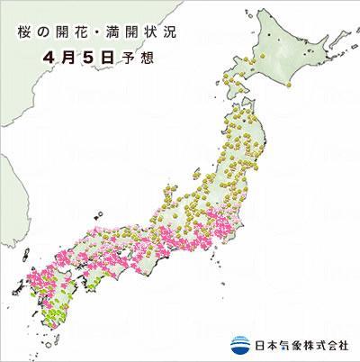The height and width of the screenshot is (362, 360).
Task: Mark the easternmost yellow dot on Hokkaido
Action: (x=292, y=84)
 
